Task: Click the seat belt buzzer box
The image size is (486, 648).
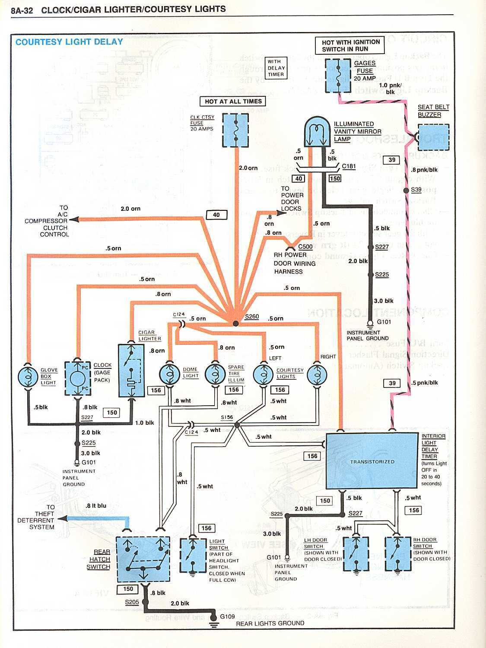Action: point(433,138)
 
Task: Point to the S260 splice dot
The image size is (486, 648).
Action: point(235,323)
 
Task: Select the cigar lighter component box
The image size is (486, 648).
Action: point(131,371)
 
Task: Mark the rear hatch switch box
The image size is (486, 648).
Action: point(142,560)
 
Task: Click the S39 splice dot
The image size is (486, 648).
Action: point(406,191)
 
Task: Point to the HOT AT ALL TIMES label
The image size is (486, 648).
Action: point(233,102)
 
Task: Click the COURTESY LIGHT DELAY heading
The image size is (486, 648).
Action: point(69,42)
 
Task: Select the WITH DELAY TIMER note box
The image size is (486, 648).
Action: point(276,68)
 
